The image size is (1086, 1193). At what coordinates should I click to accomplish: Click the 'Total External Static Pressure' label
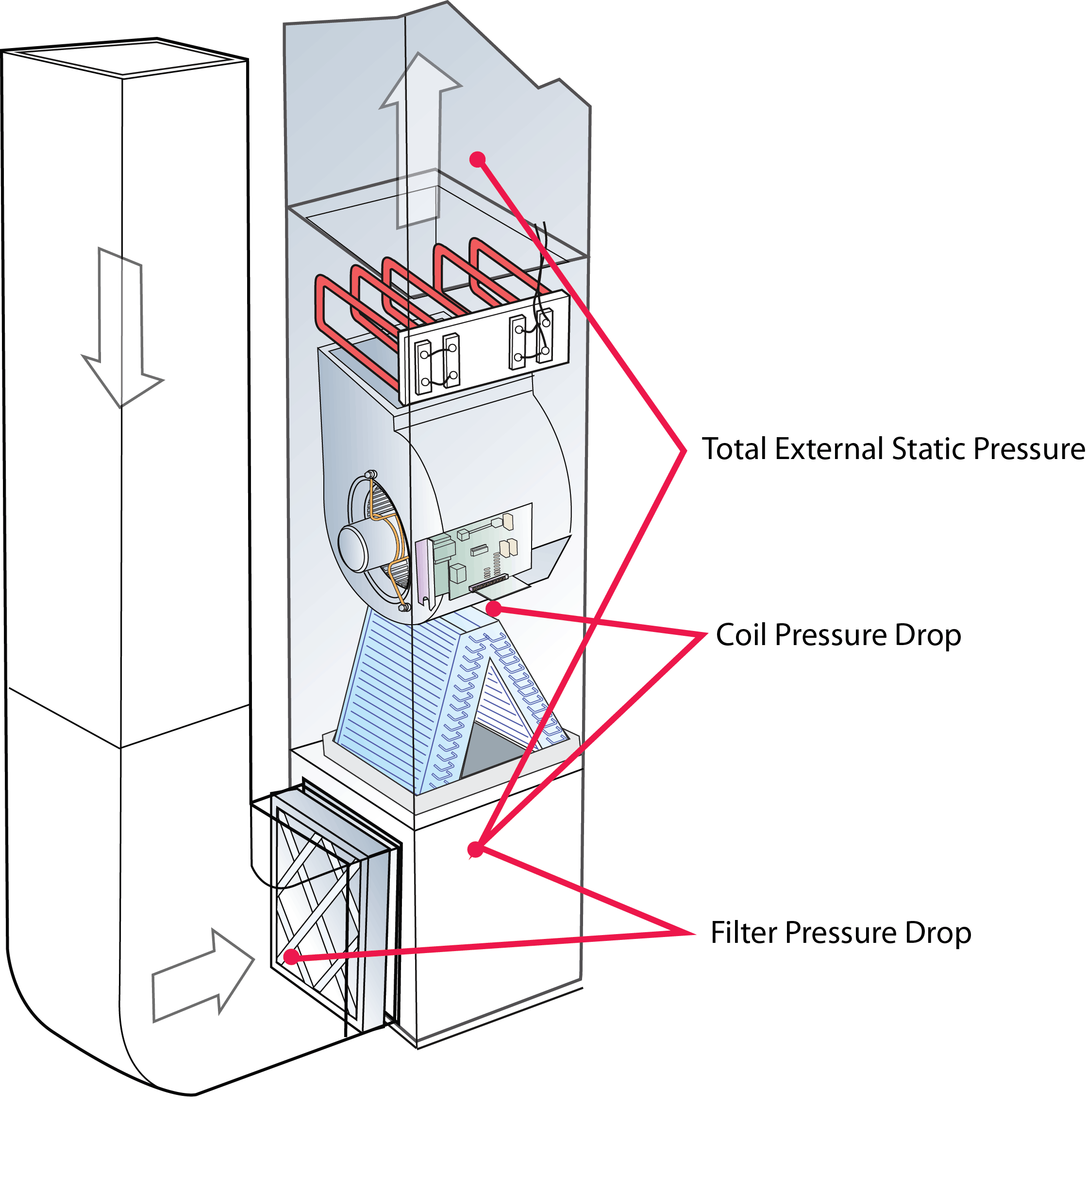tap(893, 449)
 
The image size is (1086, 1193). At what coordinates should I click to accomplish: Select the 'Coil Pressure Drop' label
tap(838, 635)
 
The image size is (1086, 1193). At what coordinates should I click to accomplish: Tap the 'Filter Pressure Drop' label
tap(840, 933)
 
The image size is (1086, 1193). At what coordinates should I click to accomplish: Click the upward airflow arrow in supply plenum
tap(420, 140)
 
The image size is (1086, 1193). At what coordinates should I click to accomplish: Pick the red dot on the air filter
tap(290, 957)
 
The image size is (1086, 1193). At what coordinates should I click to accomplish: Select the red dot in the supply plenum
tap(477, 158)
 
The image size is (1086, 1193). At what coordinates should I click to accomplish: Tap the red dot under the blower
tap(494, 608)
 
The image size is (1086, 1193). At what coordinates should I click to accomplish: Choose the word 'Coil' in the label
tap(742, 635)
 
